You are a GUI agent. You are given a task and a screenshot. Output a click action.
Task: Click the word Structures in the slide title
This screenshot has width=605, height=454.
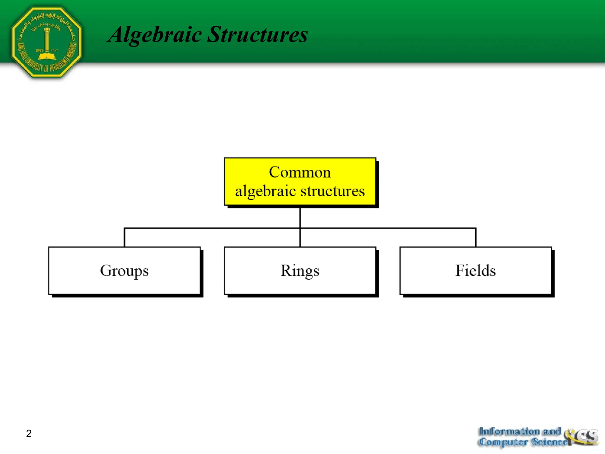point(258,35)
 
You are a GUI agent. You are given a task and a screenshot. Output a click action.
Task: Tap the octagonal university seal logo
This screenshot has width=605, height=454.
point(47,42)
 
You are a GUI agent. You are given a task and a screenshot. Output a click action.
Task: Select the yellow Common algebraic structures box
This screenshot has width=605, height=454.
point(300,181)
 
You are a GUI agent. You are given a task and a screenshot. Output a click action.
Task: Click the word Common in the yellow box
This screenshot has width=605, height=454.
point(300,172)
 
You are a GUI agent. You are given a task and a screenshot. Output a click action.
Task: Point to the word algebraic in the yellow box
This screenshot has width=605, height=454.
point(265,191)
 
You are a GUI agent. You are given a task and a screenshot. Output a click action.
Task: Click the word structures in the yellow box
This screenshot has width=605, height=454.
point(333,191)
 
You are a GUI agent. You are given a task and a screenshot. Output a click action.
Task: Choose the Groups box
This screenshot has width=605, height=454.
point(124,270)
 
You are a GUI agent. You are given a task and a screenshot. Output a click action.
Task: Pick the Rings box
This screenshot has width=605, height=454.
point(300,270)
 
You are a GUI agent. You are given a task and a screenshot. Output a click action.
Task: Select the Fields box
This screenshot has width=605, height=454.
point(476,270)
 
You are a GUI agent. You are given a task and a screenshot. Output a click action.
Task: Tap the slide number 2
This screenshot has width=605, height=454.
point(29,433)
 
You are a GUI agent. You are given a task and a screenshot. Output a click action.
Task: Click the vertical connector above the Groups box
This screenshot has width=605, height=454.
point(124,238)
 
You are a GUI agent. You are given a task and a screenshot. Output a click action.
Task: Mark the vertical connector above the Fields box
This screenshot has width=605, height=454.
point(476,238)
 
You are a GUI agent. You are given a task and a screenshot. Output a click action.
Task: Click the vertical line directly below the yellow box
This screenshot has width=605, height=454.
point(300,218)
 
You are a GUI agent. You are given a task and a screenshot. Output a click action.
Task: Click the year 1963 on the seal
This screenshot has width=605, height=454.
point(39,51)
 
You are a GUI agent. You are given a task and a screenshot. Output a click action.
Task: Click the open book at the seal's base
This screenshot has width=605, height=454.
point(47,56)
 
